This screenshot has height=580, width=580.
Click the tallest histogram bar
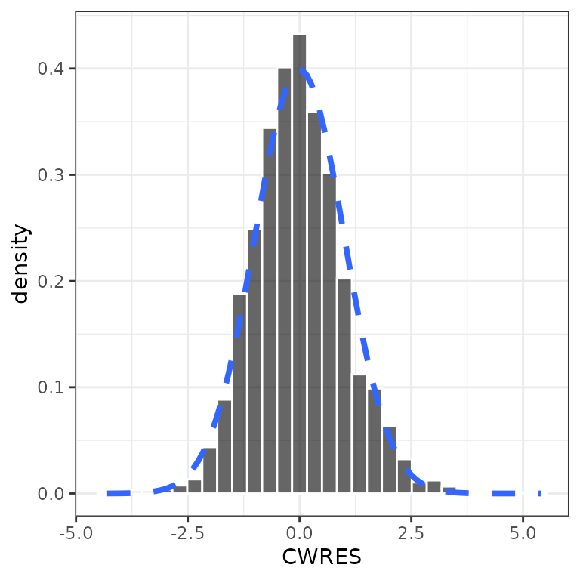pyautogui.click(x=300, y=264)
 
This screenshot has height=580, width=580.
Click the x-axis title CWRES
pyautogui.click(x=322, y=557)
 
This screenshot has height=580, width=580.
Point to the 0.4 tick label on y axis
pyautogui.click(x=52, y=69)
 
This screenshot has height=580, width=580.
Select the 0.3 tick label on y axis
pyautogui.click(x=52, y=175)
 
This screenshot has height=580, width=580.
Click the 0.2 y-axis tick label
pyautogui.click(x=52, y=282)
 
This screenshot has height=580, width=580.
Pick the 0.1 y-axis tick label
pyautogui.click(x=52, y=387)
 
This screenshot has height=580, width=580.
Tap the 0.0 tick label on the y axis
pyautogui.click(x=52, y=494)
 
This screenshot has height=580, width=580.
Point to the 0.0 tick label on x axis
pyautogui.click(x=300, y=532)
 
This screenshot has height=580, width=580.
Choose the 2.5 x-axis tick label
pyautogui.click(x=412, y=532)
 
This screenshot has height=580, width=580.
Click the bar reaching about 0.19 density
pyautogui.click(x=239, y=393)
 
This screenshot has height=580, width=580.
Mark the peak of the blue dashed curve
pyautogui.click(x=300, y=69)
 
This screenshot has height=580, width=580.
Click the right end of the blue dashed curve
pyautogui.click(x=540, y=493)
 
